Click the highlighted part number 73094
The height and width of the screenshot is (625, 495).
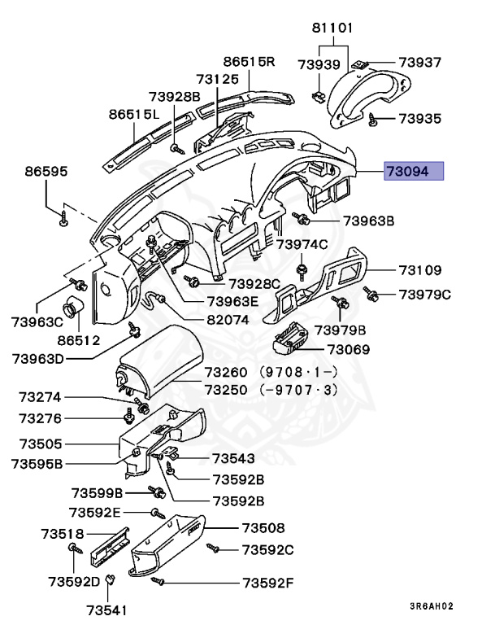point(414,172)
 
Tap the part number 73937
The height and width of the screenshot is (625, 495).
point(419,62)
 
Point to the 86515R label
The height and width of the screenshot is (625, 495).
point(250,61)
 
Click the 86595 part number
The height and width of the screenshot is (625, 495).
point(46,172)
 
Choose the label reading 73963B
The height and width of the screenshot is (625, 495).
point(367,221)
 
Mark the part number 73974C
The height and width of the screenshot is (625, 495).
point(302,243)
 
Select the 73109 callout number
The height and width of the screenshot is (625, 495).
point(419,269)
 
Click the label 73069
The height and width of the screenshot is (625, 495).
point(348,350)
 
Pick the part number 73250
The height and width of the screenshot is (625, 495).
point(224,389)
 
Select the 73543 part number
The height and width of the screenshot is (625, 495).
point(233,458)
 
